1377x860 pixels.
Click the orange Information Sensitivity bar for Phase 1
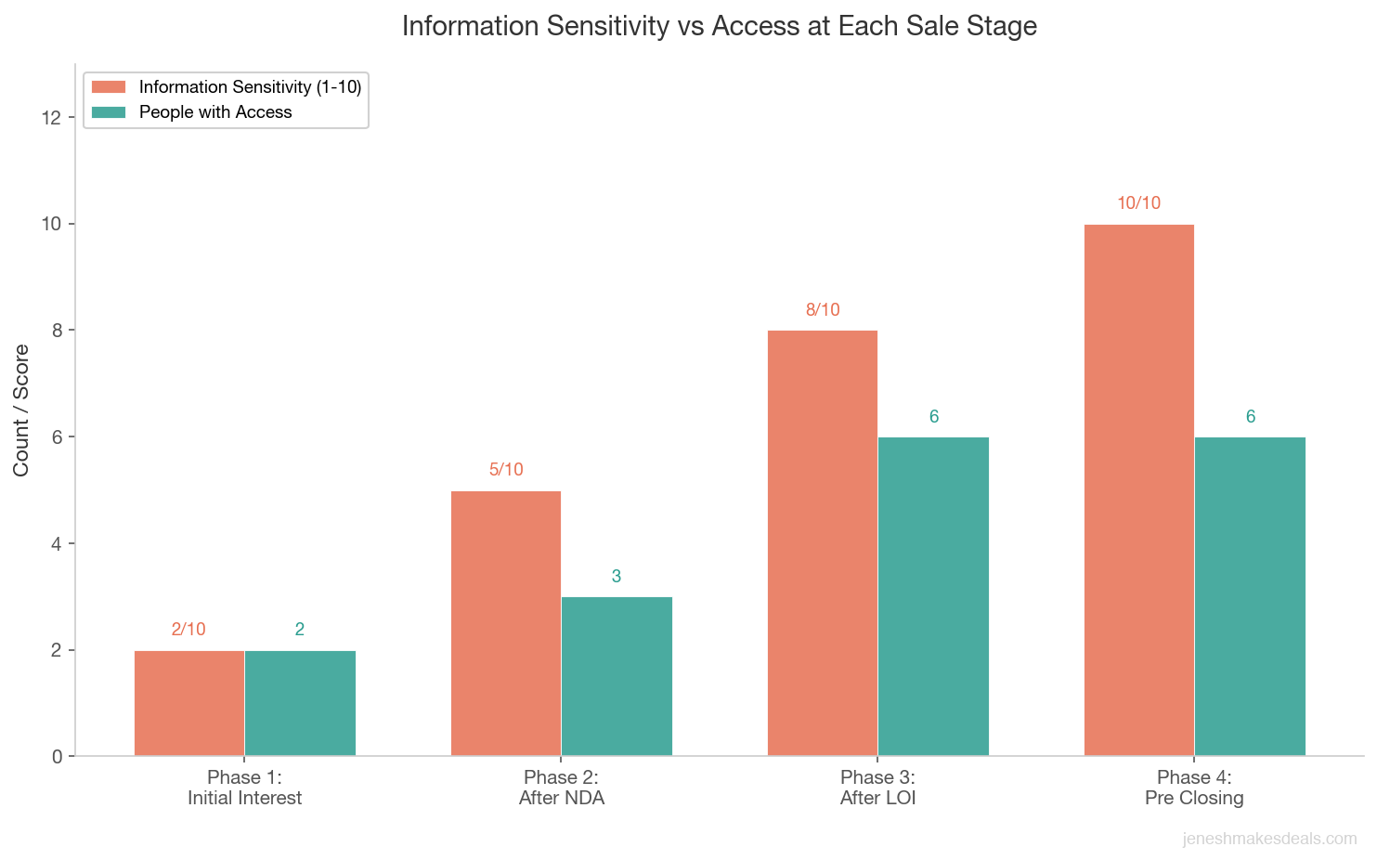[189, 703]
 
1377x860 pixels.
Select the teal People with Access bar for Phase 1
[300, 703]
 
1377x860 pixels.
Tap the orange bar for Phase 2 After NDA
[506, 623]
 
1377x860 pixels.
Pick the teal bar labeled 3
[617, 676]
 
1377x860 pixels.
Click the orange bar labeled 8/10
[823, 543]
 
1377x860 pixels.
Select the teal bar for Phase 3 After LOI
[933, 596]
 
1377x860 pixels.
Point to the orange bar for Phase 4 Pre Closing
[1139, 490]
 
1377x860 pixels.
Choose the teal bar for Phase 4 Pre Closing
[1250, 596]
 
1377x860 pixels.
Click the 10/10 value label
[1139, 203]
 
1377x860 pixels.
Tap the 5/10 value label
[506, 470]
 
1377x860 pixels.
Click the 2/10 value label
[189, 630]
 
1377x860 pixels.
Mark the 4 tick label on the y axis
[57, 543]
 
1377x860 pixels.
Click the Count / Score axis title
[21, 410]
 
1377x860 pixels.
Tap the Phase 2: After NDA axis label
[561, 788]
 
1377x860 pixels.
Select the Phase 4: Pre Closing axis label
[1194, 788]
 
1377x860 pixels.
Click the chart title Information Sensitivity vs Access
[719, 26]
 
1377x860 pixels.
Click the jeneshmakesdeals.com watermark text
[1269, 839]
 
